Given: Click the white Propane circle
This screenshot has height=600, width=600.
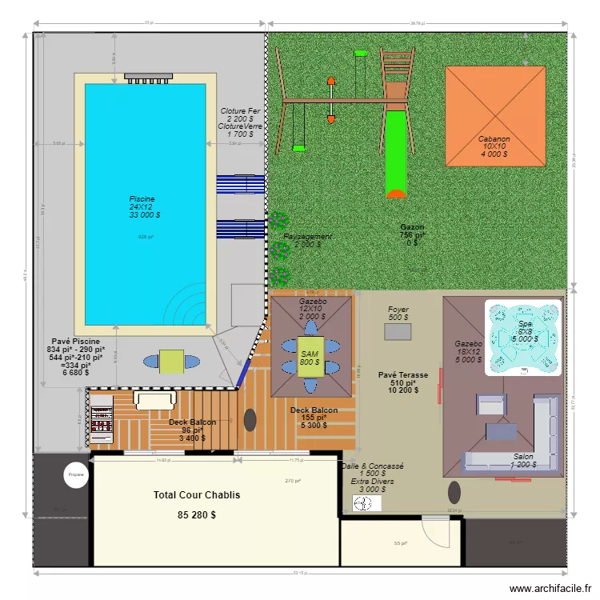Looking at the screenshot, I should (76, 474).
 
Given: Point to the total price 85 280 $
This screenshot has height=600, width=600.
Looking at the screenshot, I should (196, 515).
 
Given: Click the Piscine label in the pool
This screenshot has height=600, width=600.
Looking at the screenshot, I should (142, 198).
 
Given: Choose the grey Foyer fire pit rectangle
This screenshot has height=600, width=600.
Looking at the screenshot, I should (398, 330).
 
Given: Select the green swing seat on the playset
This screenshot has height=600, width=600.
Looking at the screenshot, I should (299, 147).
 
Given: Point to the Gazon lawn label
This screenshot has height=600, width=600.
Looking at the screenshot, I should (413, 227).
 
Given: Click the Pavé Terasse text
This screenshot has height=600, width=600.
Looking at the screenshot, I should (403, 374).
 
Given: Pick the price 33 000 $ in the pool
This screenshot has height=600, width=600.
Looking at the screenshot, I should (145, 214).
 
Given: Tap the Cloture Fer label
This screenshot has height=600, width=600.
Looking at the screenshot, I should (240, 111).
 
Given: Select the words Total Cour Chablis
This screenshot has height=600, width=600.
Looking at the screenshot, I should (196, 495).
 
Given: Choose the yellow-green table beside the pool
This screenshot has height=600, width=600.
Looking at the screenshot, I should (172, 362).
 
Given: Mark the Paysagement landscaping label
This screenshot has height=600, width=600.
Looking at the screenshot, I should (308, 238).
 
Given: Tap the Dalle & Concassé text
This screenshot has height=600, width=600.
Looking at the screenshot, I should (372, 466).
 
